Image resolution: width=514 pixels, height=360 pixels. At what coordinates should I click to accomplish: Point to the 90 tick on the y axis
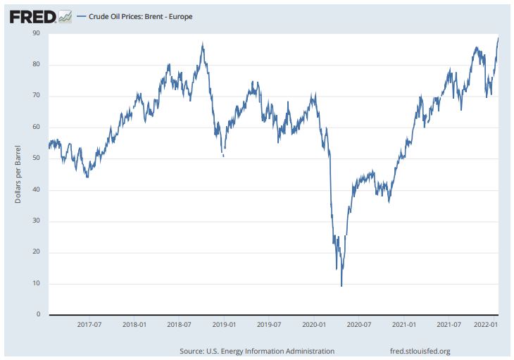(35, 33)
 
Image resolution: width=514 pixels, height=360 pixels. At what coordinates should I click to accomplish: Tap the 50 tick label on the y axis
(35, 159)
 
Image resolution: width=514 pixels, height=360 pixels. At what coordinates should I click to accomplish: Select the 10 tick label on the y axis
(35, 283)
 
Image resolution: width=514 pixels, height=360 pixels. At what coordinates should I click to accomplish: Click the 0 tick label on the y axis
(37, 314)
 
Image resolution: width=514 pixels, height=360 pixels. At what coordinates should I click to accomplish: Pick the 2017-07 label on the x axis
(89, 325)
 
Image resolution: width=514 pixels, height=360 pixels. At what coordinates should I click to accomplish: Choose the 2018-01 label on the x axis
(134, 325)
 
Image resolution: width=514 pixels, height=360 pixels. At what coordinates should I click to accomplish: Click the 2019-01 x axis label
(224, 325)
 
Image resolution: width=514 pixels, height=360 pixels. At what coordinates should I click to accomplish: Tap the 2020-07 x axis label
(359, 325)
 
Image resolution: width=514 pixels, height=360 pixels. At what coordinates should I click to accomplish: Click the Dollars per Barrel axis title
(18, 174)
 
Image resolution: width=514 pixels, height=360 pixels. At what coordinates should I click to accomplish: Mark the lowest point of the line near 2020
(341, 285)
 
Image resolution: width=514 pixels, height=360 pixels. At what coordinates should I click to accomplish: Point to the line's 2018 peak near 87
(203, 44)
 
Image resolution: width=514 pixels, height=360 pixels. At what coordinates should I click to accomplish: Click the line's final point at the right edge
(498, 38)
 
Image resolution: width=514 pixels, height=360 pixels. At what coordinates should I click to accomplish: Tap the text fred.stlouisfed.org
(420, 351)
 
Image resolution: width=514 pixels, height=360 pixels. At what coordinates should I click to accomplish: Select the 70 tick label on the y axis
(35, 96)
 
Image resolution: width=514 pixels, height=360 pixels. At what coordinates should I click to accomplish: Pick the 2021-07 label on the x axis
(449, 325)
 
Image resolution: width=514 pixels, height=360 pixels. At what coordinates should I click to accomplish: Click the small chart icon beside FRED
(65, 15)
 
